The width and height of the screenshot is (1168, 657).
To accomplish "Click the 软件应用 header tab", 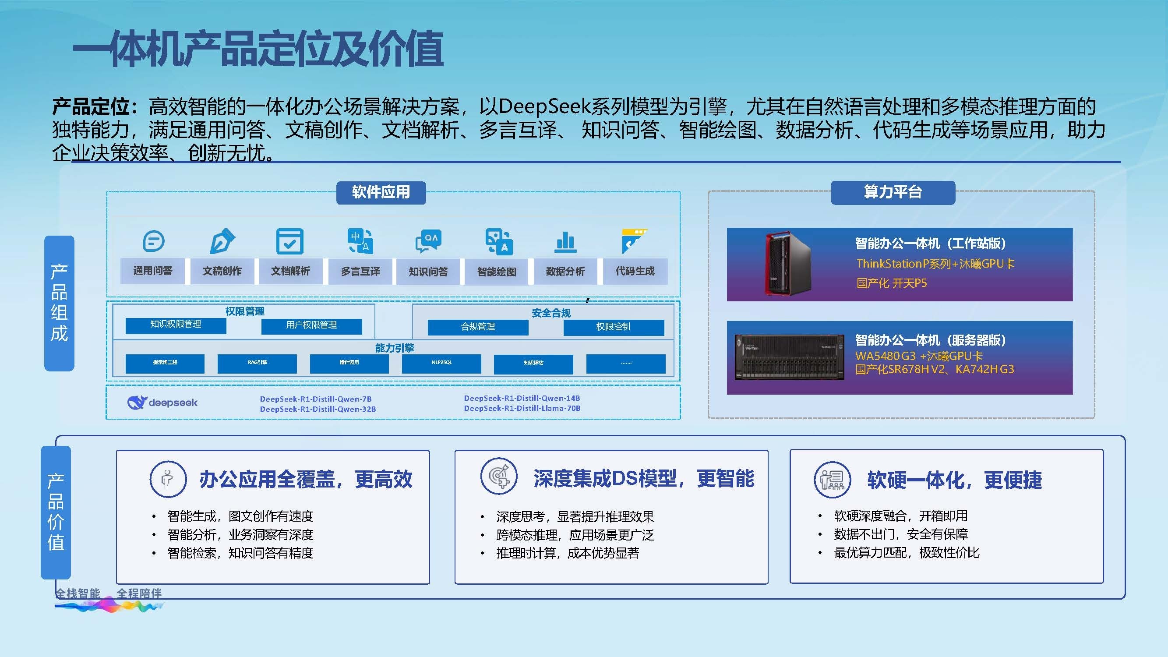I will click(381, 192).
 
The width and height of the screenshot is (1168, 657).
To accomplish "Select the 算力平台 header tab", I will click(893, 192).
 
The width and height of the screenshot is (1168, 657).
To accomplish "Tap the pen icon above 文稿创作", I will click(222, 241).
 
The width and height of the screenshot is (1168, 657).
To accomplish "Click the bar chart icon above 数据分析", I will click(565, 241).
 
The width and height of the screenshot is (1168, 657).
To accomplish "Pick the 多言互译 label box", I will click(360, 271).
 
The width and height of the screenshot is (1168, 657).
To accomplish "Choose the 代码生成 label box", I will click(635, 271).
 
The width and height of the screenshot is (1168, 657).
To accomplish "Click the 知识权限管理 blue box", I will click(176, 325).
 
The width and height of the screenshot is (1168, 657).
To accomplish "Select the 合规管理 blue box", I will click(478, 327).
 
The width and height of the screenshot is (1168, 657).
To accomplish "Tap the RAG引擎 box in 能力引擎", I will click(257, 363).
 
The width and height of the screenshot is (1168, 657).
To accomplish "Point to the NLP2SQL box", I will click(441, 363).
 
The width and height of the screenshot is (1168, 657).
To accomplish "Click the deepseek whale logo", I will click(137, 402).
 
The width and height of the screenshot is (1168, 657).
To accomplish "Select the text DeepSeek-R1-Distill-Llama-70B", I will click(522, 409).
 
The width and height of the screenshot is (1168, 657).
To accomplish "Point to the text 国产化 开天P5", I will click(891, 283).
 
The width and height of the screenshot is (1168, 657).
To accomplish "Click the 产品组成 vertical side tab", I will click(60, 303).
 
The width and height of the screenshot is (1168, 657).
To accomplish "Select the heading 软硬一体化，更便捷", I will click(954, 480).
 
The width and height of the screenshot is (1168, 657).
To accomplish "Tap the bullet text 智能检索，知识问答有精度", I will click(240, 553).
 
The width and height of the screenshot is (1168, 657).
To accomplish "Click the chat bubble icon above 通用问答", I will click(153, 241).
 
